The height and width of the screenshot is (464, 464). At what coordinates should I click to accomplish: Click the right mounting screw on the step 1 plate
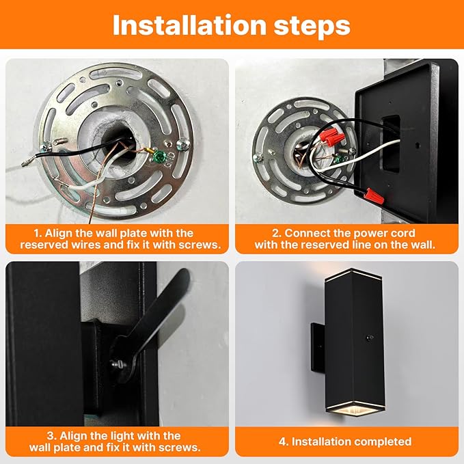click(183, 143)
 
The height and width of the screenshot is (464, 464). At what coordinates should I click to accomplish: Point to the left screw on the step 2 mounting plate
click(258, 157)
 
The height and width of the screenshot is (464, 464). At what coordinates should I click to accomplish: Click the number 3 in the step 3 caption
click(51, 435)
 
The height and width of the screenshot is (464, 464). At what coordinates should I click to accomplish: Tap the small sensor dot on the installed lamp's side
click(370, 338)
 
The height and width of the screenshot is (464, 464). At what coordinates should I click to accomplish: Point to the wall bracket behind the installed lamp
click(316, 349)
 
